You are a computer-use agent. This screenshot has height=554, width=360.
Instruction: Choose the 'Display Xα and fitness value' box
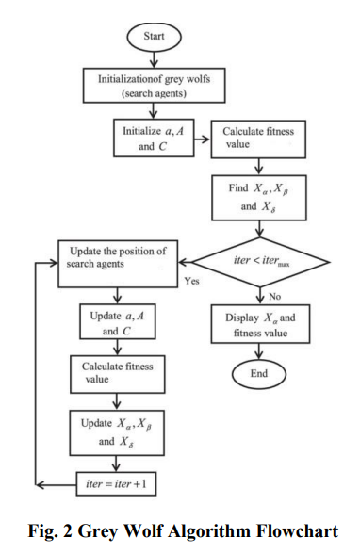pyautogui.click(x=258, y=325)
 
